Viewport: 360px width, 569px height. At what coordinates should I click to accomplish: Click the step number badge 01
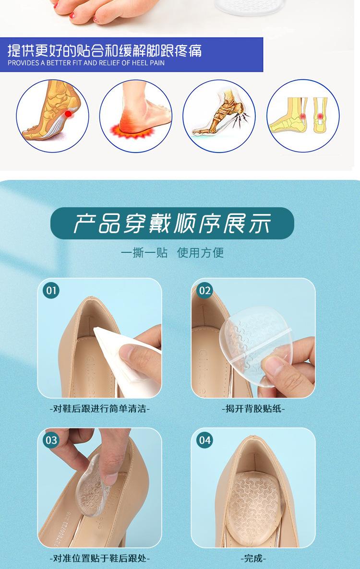click(x=51, y=291)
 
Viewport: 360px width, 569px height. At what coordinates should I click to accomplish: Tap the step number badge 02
click(x=204, y=291)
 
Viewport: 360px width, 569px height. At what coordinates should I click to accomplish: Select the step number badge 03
click(x=51, y=440)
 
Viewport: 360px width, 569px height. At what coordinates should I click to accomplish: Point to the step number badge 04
click(x=204, y=440)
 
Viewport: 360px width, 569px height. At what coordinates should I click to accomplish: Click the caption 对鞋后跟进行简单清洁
click(x=100, y=409)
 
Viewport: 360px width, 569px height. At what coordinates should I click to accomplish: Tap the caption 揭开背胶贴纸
click(x=253, y=409)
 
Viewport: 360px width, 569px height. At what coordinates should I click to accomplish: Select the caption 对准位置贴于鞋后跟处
click(x=100, y=558)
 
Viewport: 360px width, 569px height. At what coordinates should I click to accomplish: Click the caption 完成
click(x=253, y=558)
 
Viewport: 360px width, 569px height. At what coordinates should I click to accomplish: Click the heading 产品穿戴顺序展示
click(x=172, y=223)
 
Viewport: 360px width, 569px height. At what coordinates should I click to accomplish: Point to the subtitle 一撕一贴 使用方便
click(x=172, y=252)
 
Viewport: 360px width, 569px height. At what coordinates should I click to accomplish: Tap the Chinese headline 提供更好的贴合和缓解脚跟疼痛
click(x=105, y=50)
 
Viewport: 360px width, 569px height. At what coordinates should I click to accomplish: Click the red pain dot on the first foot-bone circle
click(x=68, y=114)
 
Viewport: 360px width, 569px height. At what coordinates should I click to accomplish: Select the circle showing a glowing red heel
click(x=136, y=116)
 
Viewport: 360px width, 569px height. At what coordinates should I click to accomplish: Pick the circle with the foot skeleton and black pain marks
click(x=219, y=116)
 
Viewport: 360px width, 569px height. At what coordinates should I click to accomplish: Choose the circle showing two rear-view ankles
click(x=303, y=116)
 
